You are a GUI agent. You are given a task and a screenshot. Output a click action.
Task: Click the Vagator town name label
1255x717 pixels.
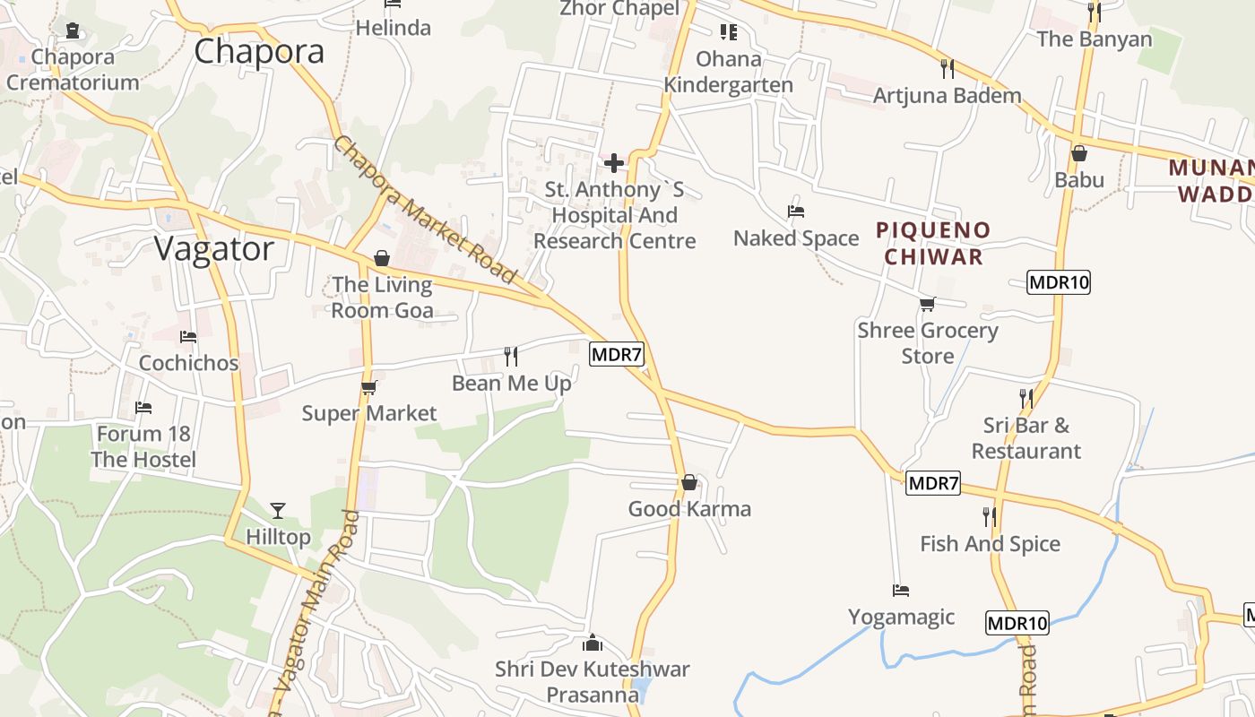pos(214,249)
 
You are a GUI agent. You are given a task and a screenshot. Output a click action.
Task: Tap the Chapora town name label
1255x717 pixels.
pos(259,51)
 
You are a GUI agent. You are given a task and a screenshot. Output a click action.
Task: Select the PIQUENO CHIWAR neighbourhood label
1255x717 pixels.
pos(933,243)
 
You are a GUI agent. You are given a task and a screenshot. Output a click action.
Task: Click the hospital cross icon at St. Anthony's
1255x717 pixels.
pos(614,163)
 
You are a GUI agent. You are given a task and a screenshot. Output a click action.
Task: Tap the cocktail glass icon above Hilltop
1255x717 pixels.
pos(278,511)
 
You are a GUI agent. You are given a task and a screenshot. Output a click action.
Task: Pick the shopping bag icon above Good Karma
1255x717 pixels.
pos(688,483)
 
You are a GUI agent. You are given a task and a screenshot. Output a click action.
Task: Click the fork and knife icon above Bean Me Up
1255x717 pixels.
pos(511,357)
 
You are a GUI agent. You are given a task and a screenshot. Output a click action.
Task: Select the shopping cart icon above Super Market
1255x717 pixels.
pos(368,387)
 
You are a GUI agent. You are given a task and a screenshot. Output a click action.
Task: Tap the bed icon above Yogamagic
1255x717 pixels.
pos(901,591)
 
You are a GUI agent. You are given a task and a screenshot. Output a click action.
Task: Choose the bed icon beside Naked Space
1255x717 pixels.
pos(795,212)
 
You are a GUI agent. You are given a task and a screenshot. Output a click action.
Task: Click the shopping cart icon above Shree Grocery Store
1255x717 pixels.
pos(928,305)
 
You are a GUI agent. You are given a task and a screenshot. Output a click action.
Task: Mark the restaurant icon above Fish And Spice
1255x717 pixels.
pos(989,517)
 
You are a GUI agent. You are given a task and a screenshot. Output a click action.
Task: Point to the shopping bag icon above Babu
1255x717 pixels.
pos(1079,153)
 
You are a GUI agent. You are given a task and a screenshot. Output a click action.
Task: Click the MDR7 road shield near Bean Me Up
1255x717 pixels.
pos(617,354)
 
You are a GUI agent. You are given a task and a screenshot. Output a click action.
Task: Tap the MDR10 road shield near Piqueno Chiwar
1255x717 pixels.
pos(1058,282)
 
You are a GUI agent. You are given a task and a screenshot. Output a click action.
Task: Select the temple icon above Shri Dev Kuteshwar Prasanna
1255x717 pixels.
pos(592,643)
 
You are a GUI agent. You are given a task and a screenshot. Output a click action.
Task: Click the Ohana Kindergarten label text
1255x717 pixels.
pos(729,73)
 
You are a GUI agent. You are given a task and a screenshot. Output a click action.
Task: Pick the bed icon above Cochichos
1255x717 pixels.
pos(188,337)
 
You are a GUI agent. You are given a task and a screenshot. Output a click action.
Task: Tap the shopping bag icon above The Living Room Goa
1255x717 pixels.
pos(382,258)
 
